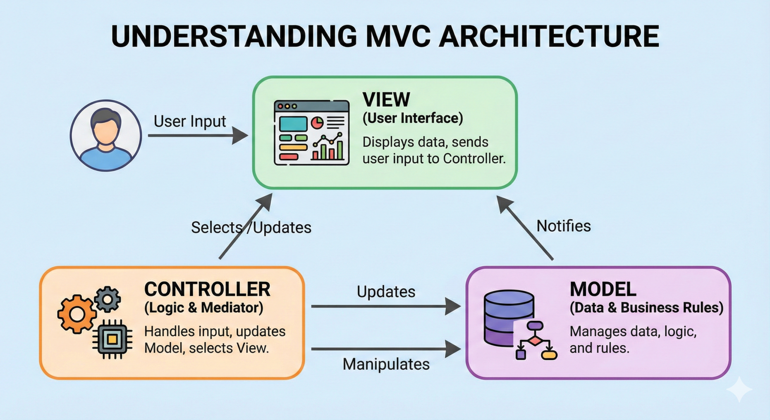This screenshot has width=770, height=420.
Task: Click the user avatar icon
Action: click(106, 136)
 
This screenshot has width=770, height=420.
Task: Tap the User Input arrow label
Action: click(190, 121)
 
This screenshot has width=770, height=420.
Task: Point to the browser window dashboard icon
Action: click(311, 133)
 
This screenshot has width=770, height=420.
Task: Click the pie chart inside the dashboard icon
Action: click(317, 123)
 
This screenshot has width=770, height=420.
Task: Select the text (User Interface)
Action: click(413, 118)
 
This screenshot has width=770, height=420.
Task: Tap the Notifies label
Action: click(563, 226)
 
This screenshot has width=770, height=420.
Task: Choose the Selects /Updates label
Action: click(251, 227)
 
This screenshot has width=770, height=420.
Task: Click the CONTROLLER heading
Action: click(207, 289)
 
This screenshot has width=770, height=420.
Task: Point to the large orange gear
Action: click(77, 314)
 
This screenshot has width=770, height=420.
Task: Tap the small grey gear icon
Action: click(107, 299)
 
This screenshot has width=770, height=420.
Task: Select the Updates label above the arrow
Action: click(386, 292)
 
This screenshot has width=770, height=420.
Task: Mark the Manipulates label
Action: click(386, 364)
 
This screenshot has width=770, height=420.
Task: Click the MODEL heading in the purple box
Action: click(603, 289)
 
